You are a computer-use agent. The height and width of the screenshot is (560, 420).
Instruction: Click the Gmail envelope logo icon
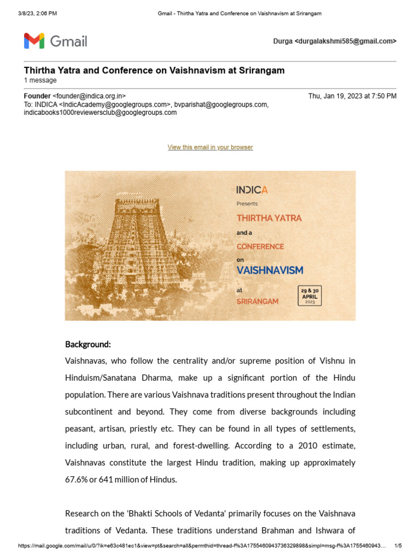(34, 41)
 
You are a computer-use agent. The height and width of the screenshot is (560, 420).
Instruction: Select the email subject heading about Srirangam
(154, 71)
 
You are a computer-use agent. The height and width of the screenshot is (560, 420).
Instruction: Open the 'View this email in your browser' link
(210, 147)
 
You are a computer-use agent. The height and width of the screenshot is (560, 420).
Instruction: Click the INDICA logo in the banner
(252, 190)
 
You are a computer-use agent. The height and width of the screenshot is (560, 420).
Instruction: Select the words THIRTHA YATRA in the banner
(269, 218)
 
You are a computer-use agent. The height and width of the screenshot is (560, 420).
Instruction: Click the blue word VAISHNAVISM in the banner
(270, 270)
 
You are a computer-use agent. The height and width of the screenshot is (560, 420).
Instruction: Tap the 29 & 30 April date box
(310, 295)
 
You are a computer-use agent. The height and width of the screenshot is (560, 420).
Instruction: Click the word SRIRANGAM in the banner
(257, 301)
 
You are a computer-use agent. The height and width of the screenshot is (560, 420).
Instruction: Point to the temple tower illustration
(139, 246)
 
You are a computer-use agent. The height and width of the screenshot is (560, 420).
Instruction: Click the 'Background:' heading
(88, 345)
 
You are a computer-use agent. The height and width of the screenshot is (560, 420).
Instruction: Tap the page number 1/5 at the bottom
(398, 546)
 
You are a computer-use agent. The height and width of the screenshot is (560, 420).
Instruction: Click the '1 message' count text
(40, 80)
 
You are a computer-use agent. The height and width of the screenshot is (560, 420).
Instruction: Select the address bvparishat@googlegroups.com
(221, 104)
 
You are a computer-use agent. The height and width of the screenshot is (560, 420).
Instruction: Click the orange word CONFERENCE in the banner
(260, 247)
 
